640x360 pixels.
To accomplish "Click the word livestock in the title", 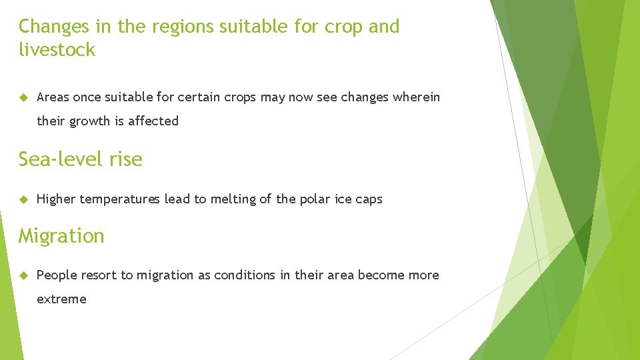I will [57, 49].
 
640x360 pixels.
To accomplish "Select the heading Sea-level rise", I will [80, 159].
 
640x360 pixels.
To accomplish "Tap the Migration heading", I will [61, 236].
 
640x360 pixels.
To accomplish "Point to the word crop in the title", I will [341, 27].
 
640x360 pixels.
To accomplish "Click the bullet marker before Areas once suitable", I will [23, 97].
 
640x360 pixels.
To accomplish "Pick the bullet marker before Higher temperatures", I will [23, 199].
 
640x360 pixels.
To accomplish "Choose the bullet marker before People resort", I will [23, 275].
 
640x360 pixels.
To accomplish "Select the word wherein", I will [417, 97].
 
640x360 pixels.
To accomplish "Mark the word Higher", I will [56, 199].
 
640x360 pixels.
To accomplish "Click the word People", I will [57, 275].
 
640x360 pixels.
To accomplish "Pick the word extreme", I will [61, 299].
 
